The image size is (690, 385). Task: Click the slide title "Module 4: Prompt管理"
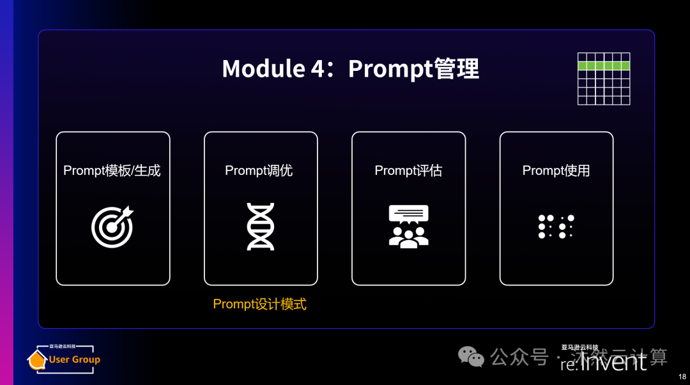click(x=350, y=69)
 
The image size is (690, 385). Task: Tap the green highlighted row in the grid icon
click(x=604, y=66)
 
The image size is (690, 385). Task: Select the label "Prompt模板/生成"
click(x=112, y=170)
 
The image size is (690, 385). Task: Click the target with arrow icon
click(x=112, y=226)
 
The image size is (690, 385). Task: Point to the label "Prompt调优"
click(x=259, y=170)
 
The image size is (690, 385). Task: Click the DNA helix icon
click(x=260, y=227)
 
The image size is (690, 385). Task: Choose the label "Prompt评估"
click(x=408, y=170)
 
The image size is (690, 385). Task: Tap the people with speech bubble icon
click(x=408, y=227)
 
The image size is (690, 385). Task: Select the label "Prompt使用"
click(x=556, y=170)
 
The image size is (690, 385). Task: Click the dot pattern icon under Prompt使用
click(x=556, y=227)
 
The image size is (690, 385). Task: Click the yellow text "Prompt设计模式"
click(x=259, y=304)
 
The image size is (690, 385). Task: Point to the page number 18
click(x=682, y=377)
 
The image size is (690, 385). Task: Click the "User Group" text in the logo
click(x=74, y=359)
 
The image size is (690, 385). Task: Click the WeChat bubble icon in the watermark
click(x=473, y=356)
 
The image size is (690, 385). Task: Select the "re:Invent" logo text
click(x=603, y=363)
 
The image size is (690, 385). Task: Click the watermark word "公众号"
click(x=519, y=356)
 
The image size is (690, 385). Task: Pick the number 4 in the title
click(x=318, y=69)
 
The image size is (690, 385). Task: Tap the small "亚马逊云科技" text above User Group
click(x=63, y=346)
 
